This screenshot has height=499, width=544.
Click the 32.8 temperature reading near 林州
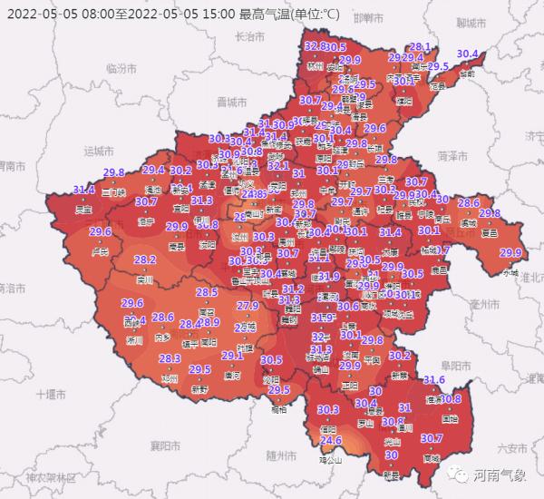tap(315, 46)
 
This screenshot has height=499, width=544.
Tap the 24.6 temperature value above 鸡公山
tap(330, 441)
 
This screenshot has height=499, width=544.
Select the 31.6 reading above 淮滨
tap(434, 379)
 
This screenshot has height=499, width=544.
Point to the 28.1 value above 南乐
tap(421, 46)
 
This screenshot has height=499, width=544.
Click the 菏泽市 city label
tap(451, 156)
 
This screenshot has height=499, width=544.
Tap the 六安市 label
tap(512, 447)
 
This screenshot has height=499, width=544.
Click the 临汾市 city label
tap(120, 68)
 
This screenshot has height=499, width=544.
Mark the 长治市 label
tap(248, 37)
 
